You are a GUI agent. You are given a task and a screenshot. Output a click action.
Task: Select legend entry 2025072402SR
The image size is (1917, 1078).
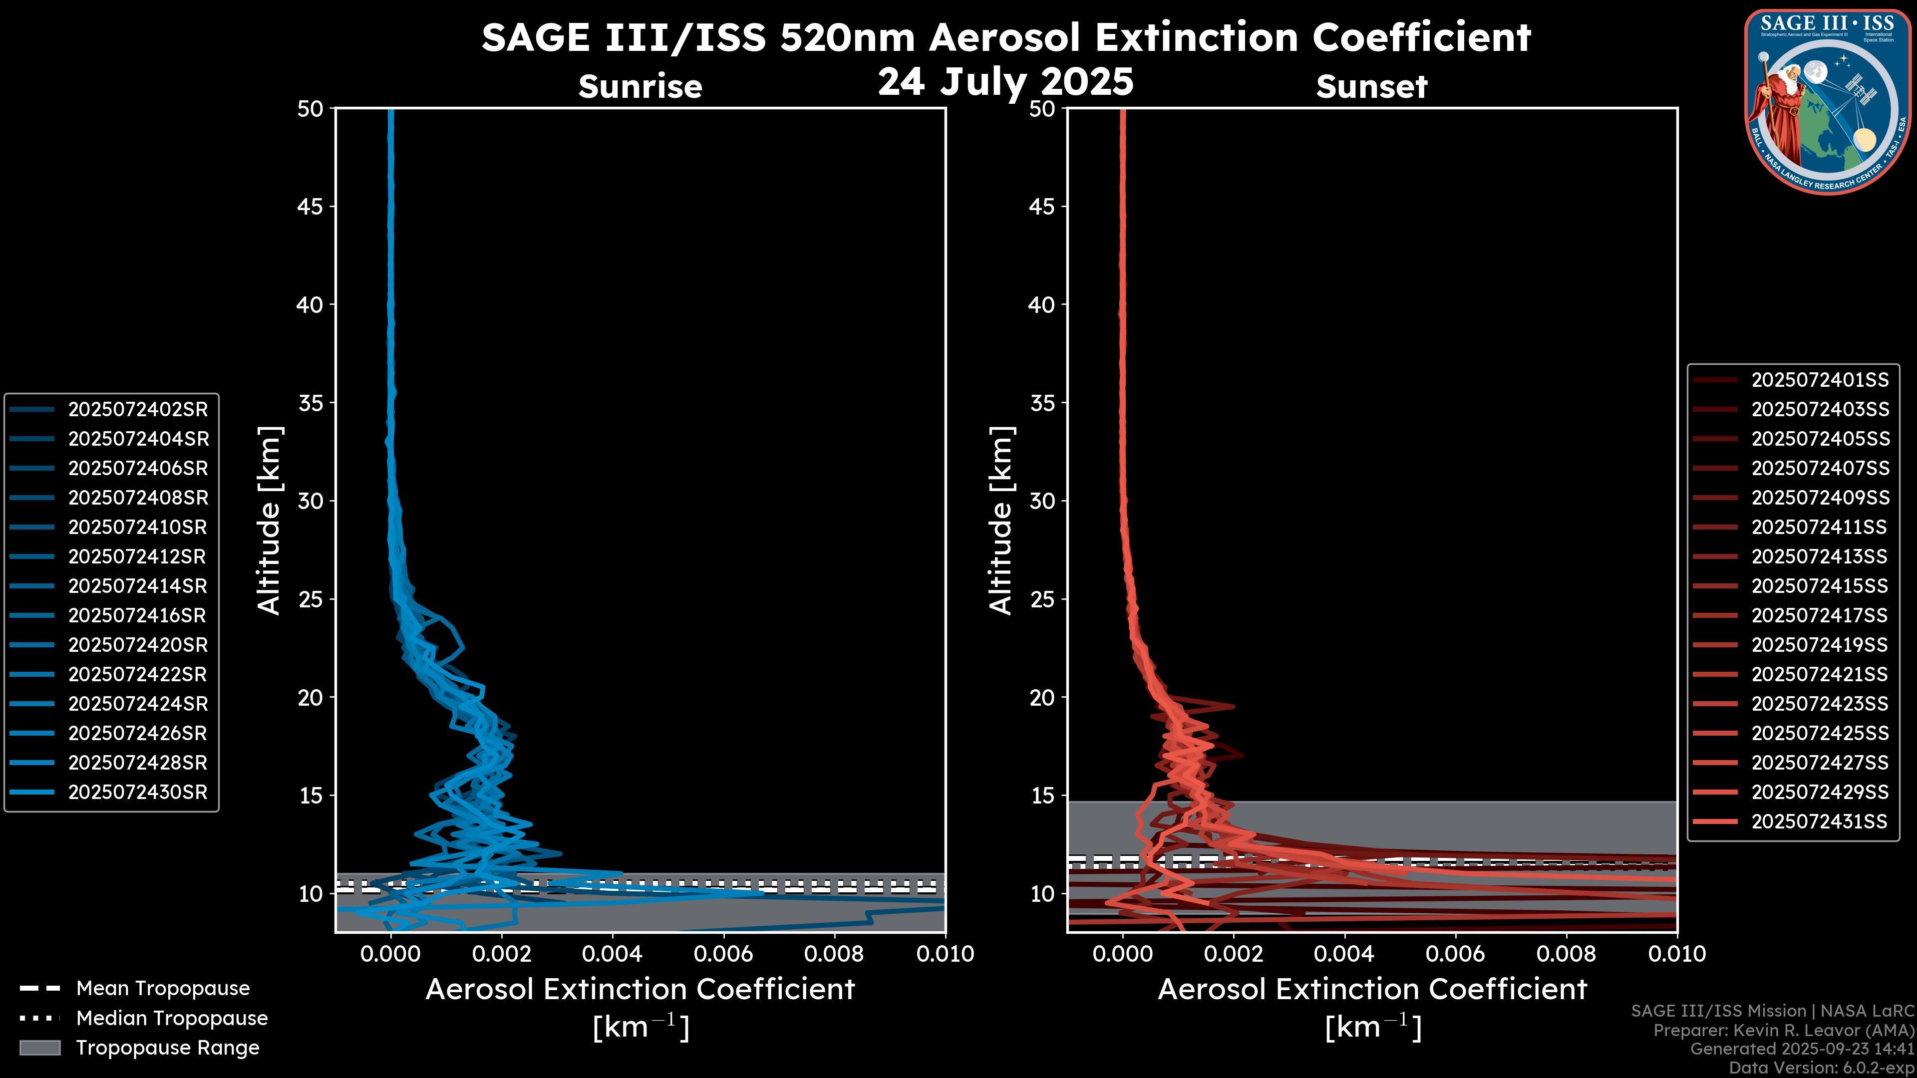(138, 409)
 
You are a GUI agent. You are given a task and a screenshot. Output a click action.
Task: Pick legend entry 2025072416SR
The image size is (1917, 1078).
(138, 615)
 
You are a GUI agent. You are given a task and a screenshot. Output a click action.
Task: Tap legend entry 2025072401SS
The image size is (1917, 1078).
(1820, 380)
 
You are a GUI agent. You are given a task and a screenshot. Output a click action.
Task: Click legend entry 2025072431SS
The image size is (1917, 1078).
(1820, 821)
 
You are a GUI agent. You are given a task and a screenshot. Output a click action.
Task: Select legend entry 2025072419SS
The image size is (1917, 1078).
(1820, 644)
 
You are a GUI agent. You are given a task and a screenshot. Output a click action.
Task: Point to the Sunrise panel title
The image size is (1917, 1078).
(640, 87)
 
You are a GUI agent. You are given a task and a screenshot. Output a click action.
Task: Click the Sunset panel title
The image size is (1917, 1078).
(1371, 87)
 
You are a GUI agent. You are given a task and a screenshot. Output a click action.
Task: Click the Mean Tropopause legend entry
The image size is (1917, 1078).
(162, 988)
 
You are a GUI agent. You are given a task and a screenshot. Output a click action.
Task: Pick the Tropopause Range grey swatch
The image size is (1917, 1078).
(39, 1048)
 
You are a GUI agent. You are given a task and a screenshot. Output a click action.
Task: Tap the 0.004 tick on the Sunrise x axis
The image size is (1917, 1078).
(612, 954)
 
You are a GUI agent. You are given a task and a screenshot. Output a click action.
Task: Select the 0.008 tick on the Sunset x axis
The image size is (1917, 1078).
(1567, 954)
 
